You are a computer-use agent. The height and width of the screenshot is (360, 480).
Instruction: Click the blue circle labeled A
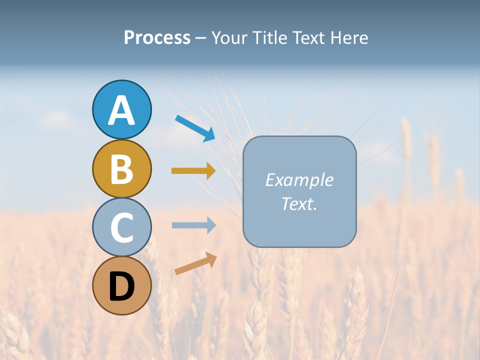pos(121,109)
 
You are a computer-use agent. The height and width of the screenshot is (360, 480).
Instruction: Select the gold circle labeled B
pos(121,168)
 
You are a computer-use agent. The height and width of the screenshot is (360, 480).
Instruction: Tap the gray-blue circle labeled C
pos(121,227)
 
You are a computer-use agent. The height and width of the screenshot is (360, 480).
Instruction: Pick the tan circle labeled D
pos(121,286)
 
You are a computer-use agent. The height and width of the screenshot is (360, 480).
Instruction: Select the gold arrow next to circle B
pos(193,171)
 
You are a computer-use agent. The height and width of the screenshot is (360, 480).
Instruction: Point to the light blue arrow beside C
pos(193,225)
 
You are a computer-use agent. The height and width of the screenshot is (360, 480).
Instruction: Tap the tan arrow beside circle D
pos(195,263)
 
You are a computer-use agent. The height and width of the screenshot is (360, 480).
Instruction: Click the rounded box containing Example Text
pos(299,192)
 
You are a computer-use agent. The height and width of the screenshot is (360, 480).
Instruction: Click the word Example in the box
pos(299,180)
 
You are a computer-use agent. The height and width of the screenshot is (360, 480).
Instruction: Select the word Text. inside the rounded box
pos(299,204)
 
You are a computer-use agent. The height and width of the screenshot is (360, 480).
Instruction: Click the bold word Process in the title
pos(157,37)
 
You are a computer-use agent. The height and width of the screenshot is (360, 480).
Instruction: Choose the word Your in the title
pos(230,37)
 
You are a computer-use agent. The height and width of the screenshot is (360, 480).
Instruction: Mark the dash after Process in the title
pos(200,38)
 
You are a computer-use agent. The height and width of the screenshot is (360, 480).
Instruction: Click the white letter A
pos(121,110)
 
